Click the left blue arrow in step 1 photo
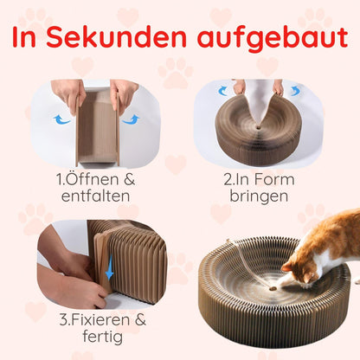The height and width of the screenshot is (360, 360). click(x=63, y=119)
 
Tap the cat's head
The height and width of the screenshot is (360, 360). click(x=303, y=269)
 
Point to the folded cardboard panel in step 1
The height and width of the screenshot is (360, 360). click(x=97, y=130)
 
